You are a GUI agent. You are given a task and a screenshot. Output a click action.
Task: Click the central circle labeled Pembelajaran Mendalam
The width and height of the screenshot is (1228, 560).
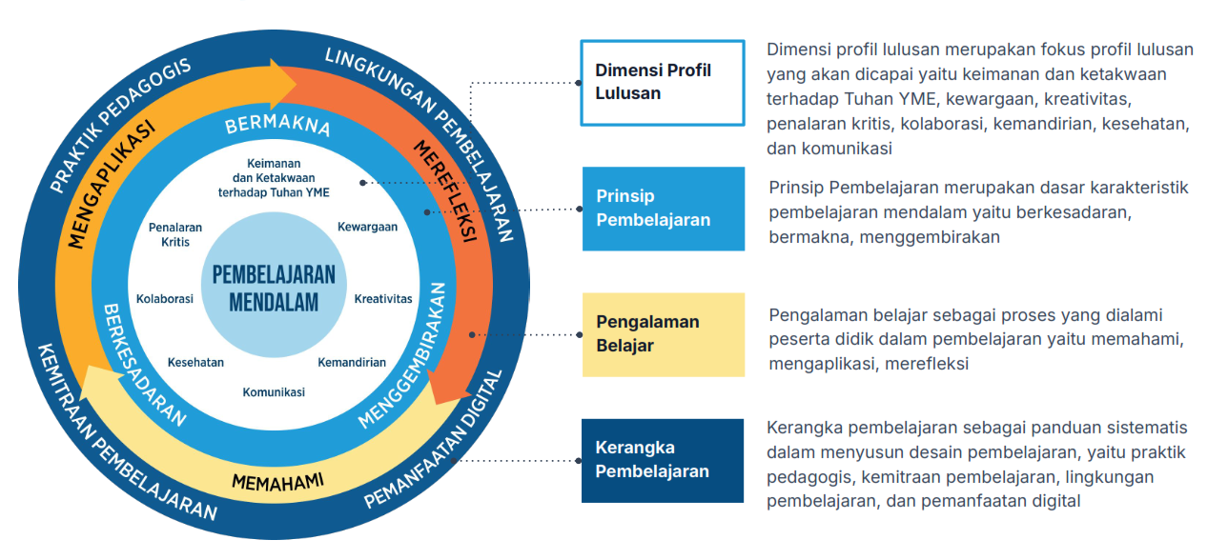click(273, 287)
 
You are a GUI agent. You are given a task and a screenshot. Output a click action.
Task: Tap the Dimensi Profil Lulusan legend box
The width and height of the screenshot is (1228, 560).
click(663, 82)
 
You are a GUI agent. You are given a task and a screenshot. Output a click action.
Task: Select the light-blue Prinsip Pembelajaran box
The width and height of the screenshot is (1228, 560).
click(663, 209)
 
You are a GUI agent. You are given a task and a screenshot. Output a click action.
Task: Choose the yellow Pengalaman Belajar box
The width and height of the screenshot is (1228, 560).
click(663, 334)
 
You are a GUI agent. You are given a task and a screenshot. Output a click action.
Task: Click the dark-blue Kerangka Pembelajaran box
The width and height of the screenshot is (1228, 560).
click(663, 460)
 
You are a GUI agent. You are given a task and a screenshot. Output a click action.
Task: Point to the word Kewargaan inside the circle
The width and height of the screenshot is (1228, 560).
click(367, 227)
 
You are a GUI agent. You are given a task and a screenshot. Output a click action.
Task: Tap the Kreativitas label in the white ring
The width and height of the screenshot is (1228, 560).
click(383, 298)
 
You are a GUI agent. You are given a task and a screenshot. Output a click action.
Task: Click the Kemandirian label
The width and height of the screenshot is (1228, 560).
click(352, 362)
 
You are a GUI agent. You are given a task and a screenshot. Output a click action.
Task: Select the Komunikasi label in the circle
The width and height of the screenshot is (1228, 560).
click(274, 392)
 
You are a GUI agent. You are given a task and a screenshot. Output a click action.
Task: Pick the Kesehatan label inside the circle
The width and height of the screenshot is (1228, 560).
click(195, 362)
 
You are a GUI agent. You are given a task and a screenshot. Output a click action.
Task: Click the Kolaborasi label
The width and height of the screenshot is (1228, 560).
click(165, 298)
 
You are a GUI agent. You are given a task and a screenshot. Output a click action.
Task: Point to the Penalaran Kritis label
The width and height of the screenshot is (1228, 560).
click(175, 234)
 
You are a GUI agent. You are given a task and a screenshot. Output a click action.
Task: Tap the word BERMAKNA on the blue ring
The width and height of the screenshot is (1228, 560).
click(277, 127)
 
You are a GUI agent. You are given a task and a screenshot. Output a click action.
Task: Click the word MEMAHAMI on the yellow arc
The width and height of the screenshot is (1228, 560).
click(277, 479)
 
